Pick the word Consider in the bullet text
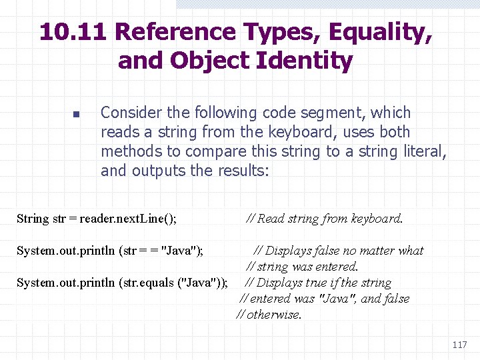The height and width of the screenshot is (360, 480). [x=130, y=113]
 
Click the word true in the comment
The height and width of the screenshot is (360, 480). [x=326, y=283]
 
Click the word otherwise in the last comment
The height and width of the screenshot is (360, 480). [x=273, y=315]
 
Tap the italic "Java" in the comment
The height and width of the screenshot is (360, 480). [x=337, y=299]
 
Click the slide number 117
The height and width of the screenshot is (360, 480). [x=459, y=345]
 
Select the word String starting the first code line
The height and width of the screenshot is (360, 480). [x=32, y=219]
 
